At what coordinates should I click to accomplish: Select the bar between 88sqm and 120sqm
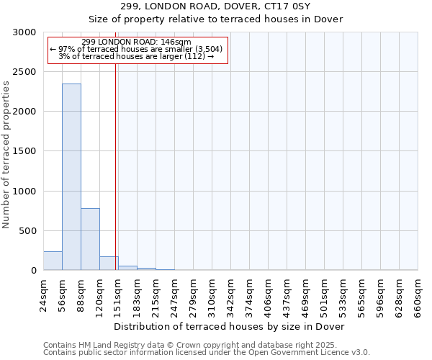[x=90, y=239]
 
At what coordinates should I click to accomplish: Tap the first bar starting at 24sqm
[x=53, y=261]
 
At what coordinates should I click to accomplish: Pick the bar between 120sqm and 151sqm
[x=109, y=264]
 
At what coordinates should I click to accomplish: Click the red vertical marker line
[x=115, y=166]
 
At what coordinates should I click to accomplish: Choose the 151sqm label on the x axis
[x=118, y=295]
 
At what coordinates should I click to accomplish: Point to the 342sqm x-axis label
[x=230, y=295]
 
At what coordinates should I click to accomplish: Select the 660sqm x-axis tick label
[x=418, y=295]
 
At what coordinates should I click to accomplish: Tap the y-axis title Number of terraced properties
[x=6, y=155]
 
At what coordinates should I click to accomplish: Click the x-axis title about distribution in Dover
[x=230, y=327]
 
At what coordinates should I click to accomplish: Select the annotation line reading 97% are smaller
[x=137, y=49]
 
